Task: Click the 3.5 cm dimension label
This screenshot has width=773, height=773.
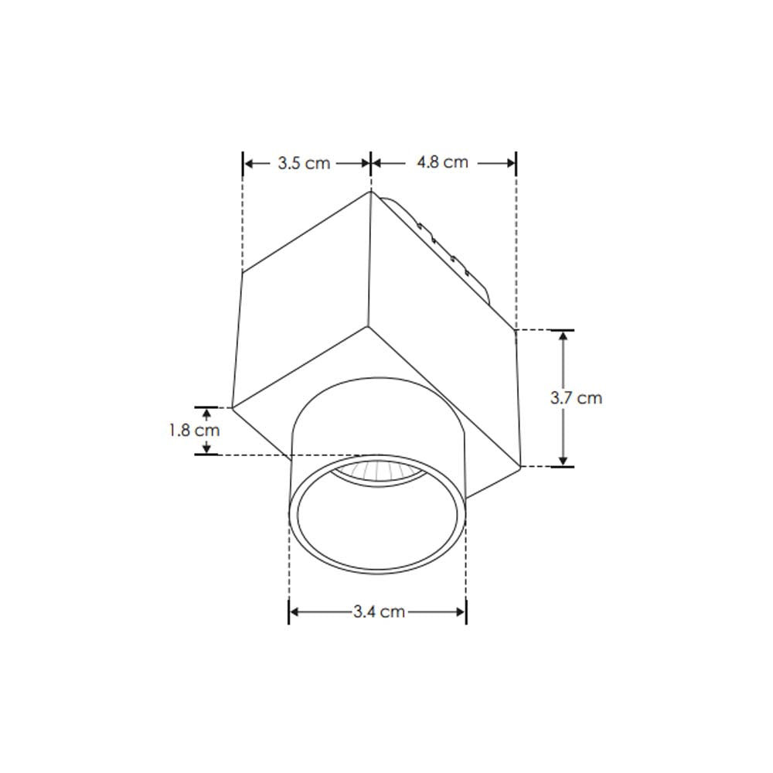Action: click(304, 163)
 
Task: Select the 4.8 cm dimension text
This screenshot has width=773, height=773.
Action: click(442, 162)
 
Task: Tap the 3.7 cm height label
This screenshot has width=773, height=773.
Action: click(576, 398)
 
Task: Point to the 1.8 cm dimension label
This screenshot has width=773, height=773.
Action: click(194, 431)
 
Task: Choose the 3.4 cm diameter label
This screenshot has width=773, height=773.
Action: click(379, 611)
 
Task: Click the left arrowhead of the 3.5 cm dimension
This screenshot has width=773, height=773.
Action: click(249, 163)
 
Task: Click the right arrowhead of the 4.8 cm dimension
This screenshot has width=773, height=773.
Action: click(511, 162)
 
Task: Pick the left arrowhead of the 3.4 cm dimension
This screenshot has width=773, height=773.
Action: click(295, 611)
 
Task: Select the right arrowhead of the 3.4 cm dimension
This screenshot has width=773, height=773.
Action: click(461, 611)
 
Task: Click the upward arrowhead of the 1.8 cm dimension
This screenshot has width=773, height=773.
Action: click(206, 412)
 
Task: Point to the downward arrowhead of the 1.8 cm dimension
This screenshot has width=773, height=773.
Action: click(206, 449)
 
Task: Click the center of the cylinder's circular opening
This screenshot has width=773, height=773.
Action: click(377, 514)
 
